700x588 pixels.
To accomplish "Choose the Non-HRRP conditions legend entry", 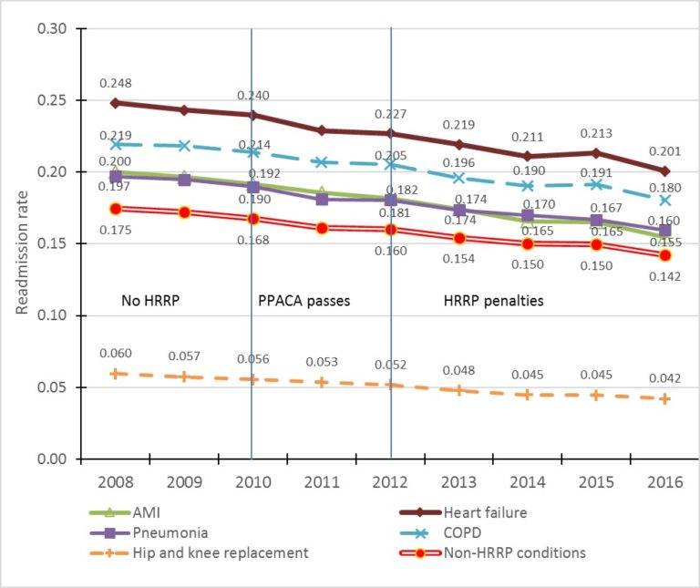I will tap(525, 552).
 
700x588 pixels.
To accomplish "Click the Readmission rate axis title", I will tap(20, 243).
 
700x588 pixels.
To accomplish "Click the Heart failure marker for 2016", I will tap(665, 170).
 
